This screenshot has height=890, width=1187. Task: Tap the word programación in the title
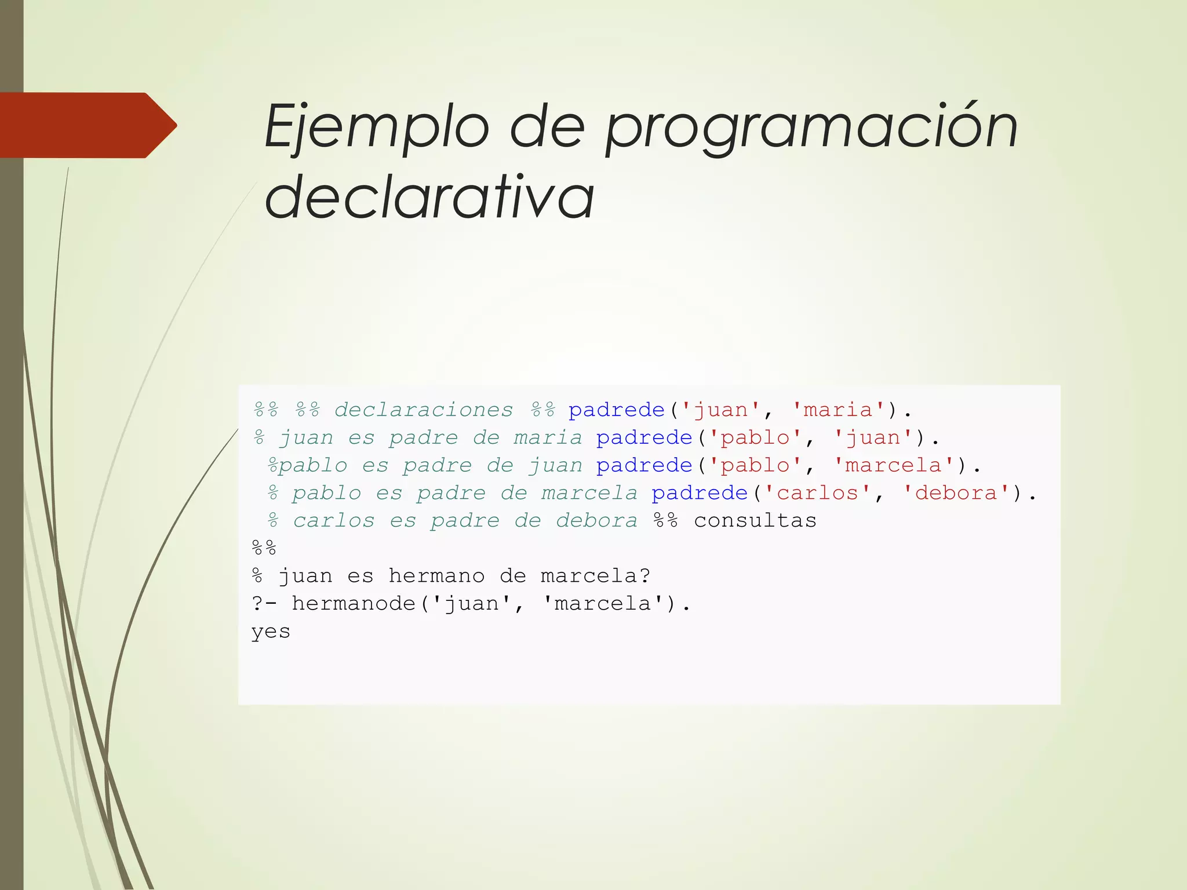pos(811,129)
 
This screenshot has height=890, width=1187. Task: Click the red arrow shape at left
pos(87,125)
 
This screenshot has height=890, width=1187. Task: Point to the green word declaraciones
pos(424,410)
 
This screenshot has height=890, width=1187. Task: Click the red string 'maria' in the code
pos(838,410)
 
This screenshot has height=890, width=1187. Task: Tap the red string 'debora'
pos(956,493)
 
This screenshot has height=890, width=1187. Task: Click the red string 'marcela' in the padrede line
pos(893,465)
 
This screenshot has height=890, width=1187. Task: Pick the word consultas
pos(755,520)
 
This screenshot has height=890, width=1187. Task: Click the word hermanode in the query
pos(354,604)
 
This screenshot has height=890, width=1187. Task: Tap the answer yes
pos(271,632)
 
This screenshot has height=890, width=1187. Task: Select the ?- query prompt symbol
pos(264,604)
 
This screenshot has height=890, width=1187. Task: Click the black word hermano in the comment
pos(436,576)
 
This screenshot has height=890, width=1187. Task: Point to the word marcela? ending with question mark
pos(595,576)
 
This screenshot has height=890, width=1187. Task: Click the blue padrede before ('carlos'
pos(700,493)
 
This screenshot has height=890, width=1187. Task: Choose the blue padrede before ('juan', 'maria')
pos(616,410)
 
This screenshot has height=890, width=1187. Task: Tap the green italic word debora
pos(596,520)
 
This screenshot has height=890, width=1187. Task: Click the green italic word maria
pos(548,437)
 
